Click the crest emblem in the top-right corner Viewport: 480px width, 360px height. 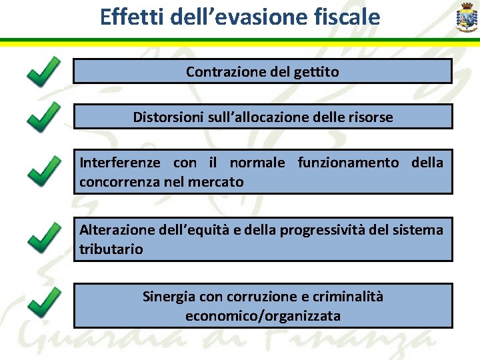464,18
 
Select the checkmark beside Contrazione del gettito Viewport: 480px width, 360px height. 44,71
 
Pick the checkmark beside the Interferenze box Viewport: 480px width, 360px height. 44,170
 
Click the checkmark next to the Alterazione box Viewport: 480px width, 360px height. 44,238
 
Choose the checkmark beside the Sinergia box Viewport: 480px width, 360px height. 44,303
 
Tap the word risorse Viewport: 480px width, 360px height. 370,117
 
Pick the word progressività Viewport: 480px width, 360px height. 325,230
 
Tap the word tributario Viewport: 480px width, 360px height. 111,249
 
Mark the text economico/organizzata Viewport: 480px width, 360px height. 263,315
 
